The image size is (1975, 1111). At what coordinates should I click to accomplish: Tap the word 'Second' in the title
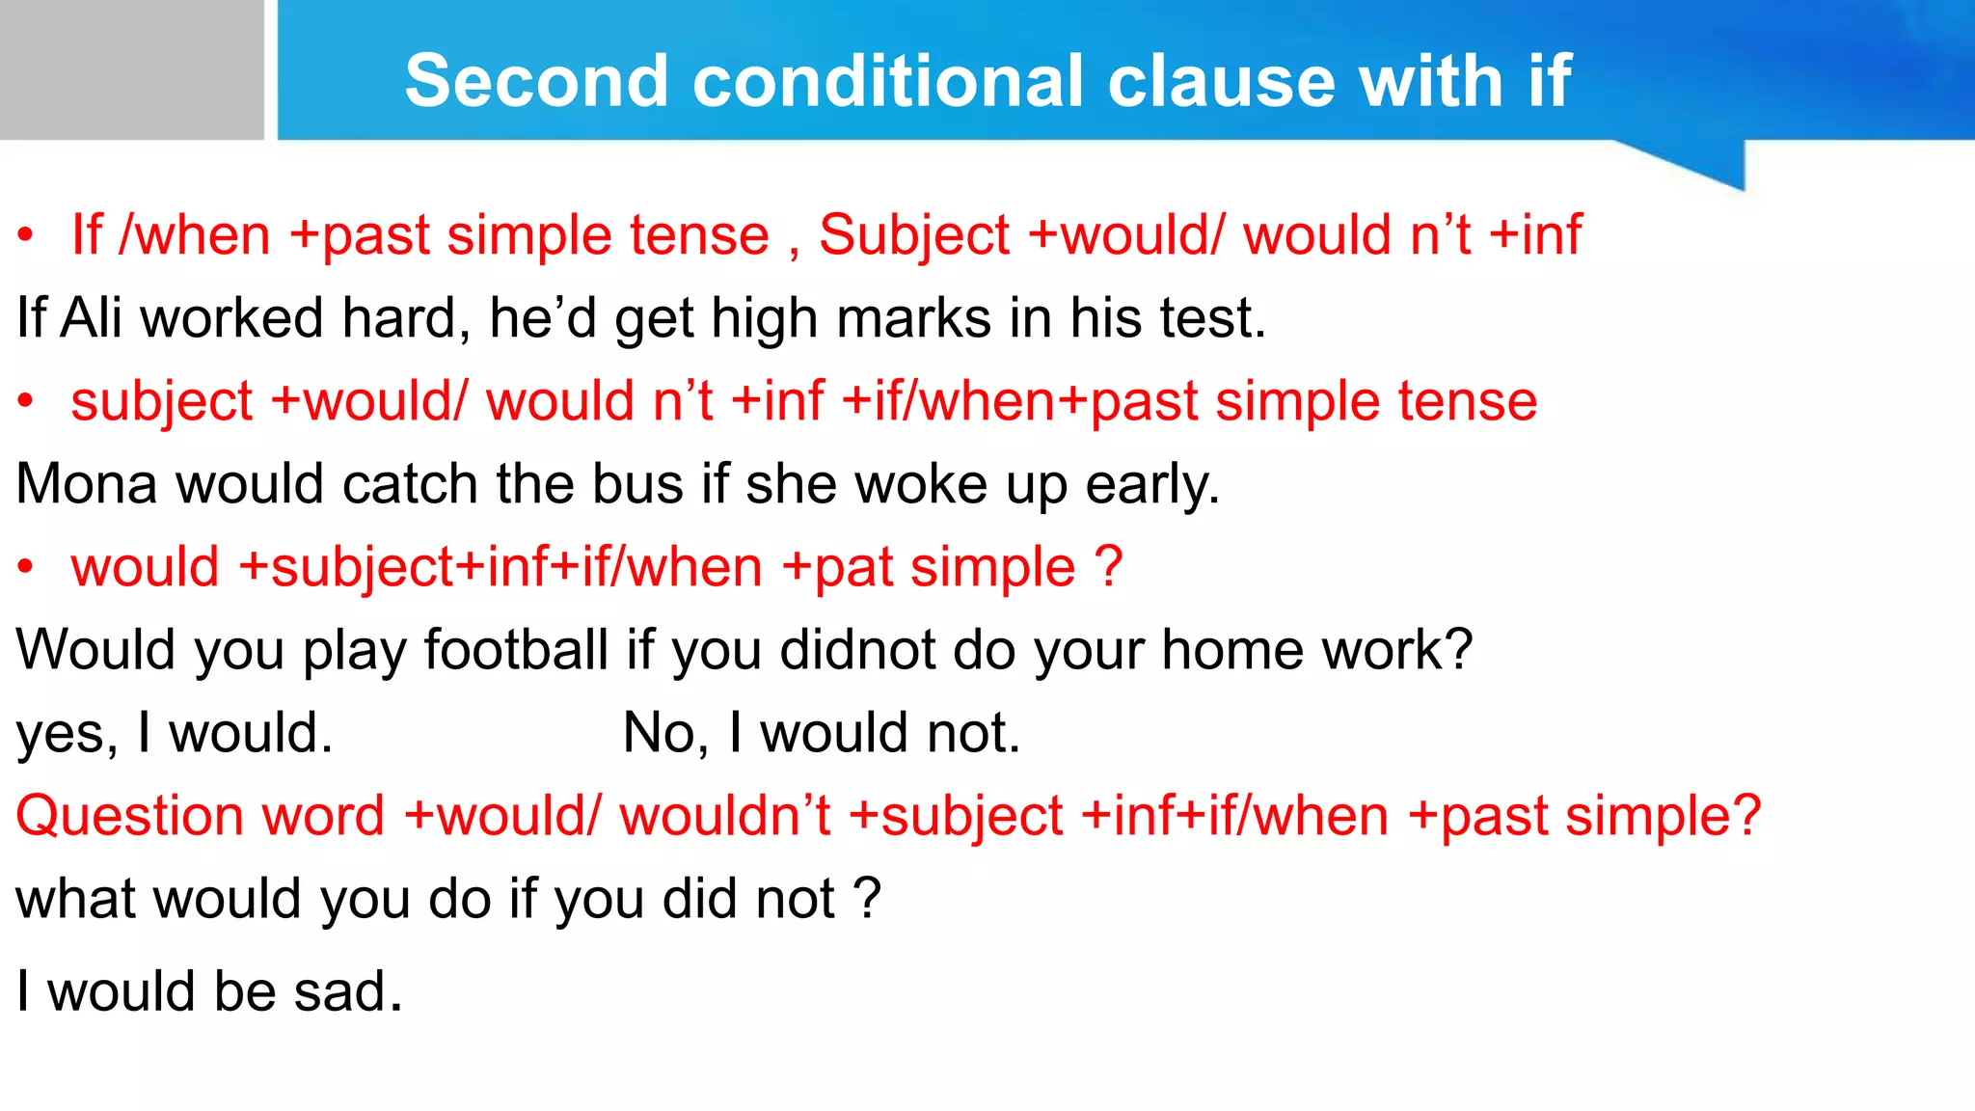click(536, 80)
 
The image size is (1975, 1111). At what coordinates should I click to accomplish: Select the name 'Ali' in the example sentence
click(91, 317)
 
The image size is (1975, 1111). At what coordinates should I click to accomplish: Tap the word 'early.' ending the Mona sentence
click(1152, 485)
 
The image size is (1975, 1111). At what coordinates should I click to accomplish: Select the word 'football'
click(516, 649)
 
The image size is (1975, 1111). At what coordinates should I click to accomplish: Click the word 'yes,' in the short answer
click(67, 734)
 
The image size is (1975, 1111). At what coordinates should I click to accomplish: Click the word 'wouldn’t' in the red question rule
click(724, 815)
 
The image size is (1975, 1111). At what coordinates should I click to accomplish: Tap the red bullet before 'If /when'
click(26, 234)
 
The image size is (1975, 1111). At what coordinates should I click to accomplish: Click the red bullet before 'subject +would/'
click(26, 400)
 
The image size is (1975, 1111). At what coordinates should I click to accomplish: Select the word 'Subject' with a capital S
click(913, 236)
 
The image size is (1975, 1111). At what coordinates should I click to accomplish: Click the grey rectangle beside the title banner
click(131, 69)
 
